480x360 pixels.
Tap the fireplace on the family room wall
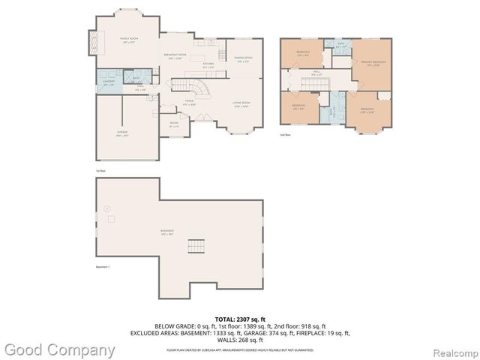coord(93,40)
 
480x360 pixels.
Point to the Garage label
coord(121,133)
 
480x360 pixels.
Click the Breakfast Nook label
coord(175,57)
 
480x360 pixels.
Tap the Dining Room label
coord(243,59)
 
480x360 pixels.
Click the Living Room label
coord(240,106)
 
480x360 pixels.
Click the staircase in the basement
coord(196,247)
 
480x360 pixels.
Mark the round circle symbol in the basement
coord(107,208)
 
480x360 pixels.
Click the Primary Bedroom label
coord(373,62)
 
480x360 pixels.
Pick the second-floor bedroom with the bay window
coord(367,109)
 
